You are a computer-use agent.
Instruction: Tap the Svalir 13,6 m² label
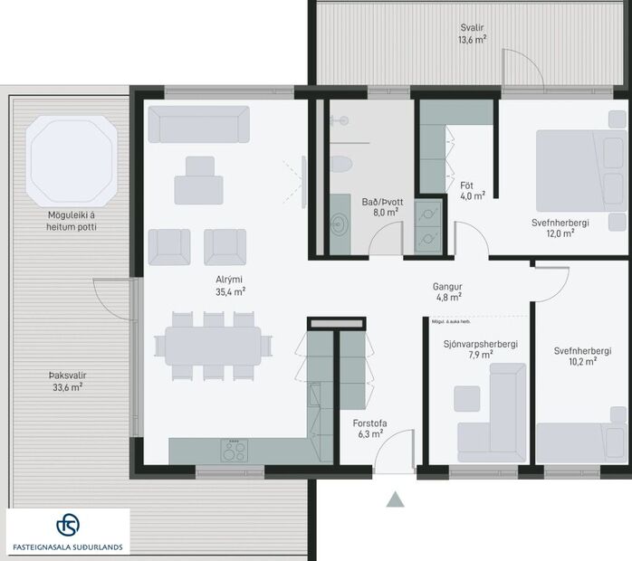pyautogui.click(x=473, y=33)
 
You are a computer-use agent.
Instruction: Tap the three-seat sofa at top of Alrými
pyautogui.click(x=198, y=124)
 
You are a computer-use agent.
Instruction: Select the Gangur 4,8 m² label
pyautogui.click(x=448, y=290)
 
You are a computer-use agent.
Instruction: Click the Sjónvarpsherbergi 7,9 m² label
pyautogui.click(x=481, y=349)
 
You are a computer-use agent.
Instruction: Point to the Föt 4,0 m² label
pyautogui.click(x=472, y=190)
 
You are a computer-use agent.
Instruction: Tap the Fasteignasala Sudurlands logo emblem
pyautogui.click(x=68, y=526)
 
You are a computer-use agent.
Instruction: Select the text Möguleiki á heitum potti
pyautogui.click(x=72, y=222)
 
